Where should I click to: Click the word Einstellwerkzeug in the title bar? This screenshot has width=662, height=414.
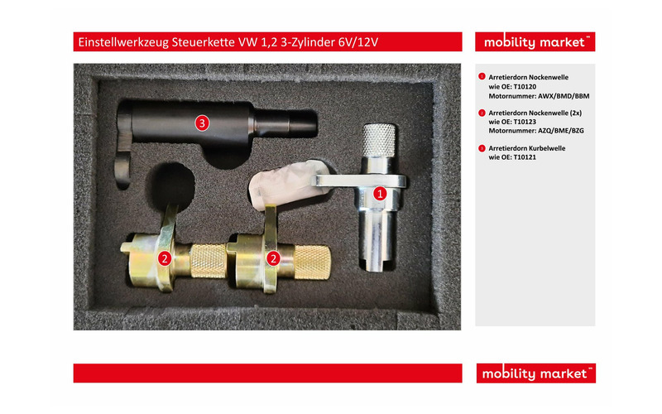tap(123, 42)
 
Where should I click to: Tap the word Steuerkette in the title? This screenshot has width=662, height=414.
tap(203, 42)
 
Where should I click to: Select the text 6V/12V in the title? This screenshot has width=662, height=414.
tap(358, 42)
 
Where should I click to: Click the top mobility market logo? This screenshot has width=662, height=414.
tap(535, 42)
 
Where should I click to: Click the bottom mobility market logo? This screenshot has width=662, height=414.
tap(535, 373)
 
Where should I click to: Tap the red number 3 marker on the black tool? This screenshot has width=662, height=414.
tap(202, 123)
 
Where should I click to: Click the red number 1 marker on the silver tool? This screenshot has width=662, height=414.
tap(380, 194)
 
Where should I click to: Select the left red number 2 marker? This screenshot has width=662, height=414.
tap(165, 258)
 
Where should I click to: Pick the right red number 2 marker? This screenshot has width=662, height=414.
tap(273, 258)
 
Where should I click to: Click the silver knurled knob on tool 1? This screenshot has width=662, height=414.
tap(379, 140)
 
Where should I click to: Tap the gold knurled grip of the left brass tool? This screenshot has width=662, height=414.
tap(209, 261)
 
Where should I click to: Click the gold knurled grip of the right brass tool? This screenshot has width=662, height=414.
tap(312, 262)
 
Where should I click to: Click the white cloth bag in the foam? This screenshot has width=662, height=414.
tap(287, 186)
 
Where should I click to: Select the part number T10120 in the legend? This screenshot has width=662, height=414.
tap(525, 87)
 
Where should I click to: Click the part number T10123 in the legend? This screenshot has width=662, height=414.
tap(525, 122)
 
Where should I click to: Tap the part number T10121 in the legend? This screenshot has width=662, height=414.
tap(525, 157)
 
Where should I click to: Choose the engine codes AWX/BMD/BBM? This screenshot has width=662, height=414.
tap(564, 96)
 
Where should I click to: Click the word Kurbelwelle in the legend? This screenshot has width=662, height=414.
tap(548, 148)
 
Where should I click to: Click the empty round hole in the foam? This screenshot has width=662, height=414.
tap(170, 185)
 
